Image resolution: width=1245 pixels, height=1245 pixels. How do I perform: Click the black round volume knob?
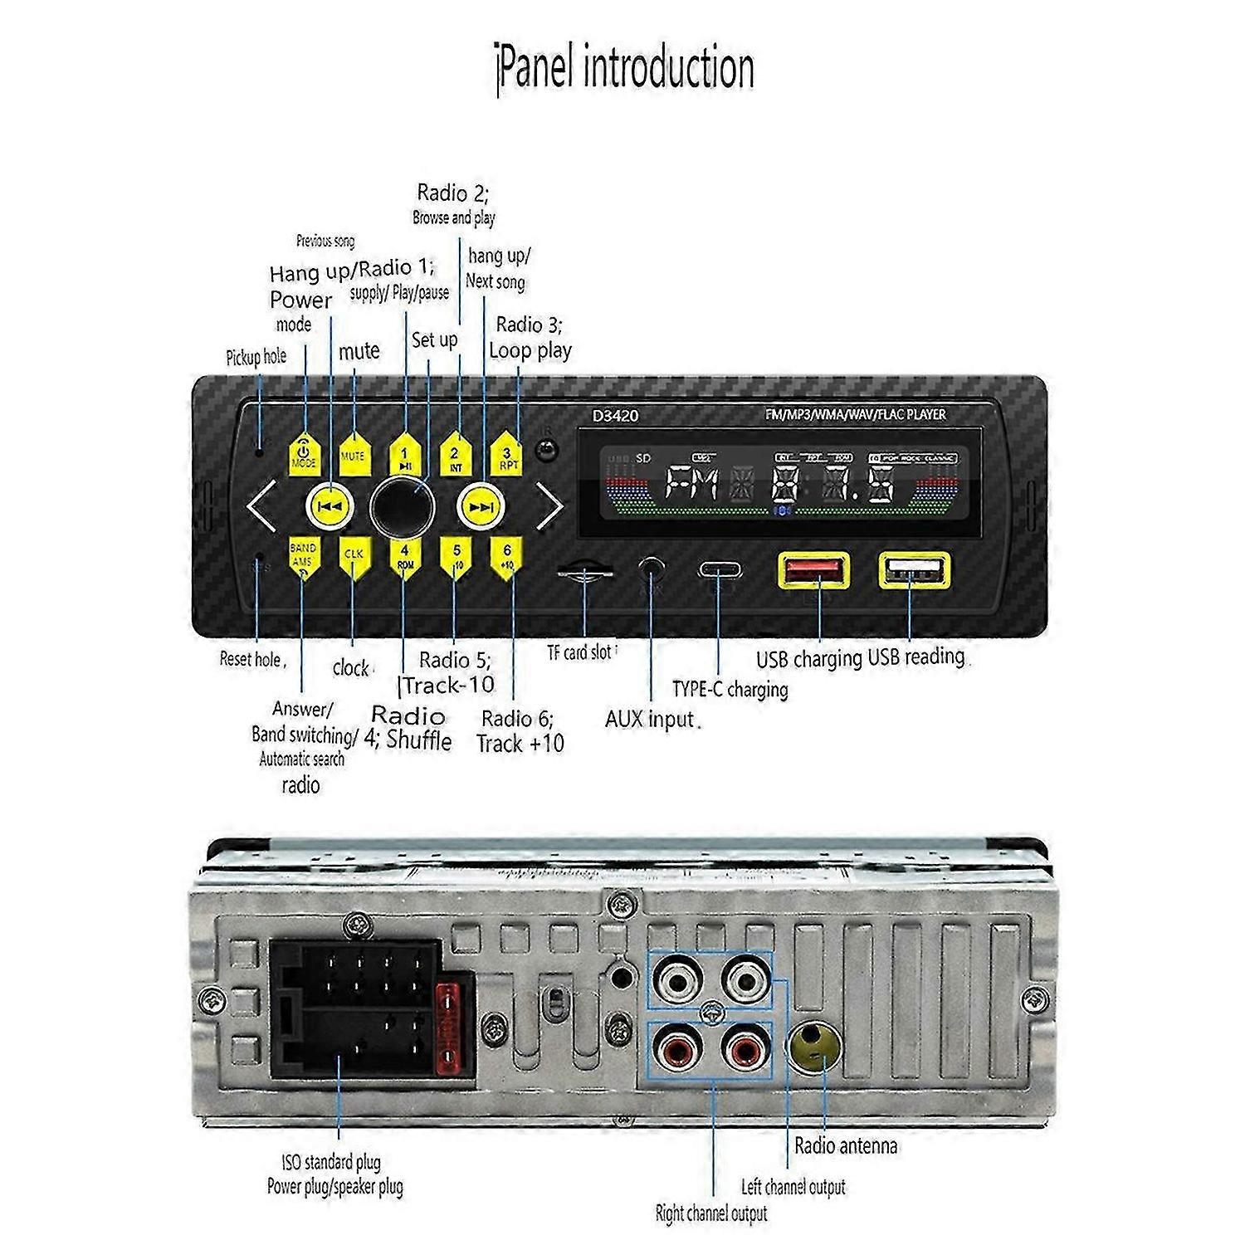click(403, 505)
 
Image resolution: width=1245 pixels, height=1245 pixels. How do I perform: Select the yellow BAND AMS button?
click(303, 558)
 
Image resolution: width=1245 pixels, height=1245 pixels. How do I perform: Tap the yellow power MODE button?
click(305, 455)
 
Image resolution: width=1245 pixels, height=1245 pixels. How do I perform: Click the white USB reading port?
click(914, 571)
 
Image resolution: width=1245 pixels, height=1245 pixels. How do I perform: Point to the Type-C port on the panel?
click(720, 571)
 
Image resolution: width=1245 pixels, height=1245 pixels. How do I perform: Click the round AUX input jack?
click(652, 569)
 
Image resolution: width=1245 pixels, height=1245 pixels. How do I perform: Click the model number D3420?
click(615, 415)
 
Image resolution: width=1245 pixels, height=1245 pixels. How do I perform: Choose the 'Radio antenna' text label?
click(845, 1146)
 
